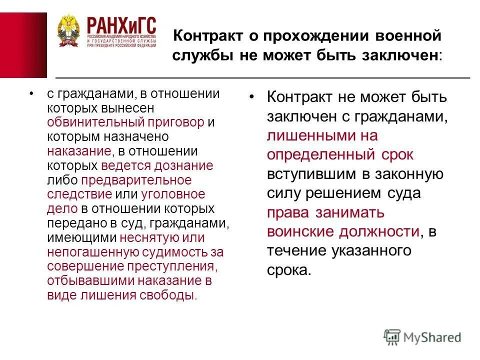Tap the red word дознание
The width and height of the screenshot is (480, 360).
(185, 165)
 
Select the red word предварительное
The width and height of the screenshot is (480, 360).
(136, 180)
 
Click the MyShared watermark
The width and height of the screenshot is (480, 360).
(422, 336)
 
